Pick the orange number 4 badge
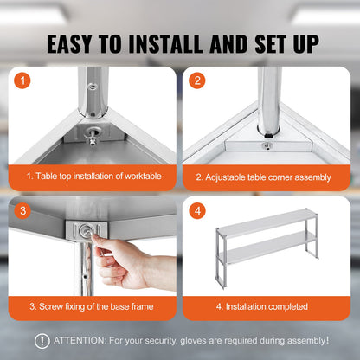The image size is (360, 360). (197, 210)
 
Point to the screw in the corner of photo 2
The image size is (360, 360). (267, 145)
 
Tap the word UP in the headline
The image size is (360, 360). (299, 43)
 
